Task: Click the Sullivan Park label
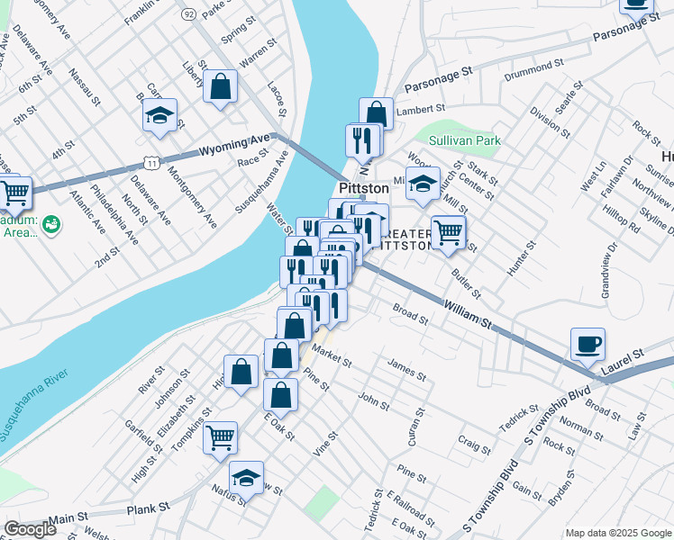(x=463, y=140)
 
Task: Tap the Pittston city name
(x=363, y=189)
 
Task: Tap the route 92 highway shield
(x=188, y=14)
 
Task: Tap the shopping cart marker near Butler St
(x=448, y=233)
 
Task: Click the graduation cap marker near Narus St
(x=246, y=478)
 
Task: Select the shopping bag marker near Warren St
(x=220, y=87)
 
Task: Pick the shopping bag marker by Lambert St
(x=377, y=114)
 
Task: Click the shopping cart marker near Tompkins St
(x=221, y=438)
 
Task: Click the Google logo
(x=30, y=529)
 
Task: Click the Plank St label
(x=149, y=508)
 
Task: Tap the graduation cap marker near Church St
(x=422, y=184)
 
